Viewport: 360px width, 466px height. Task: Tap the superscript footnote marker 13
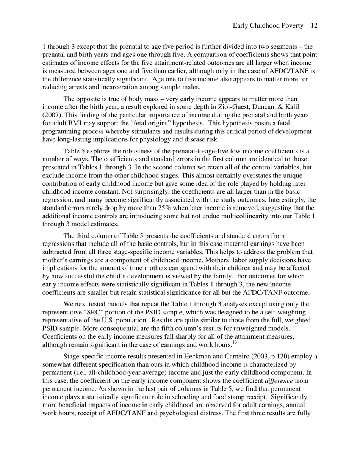pos(235,342)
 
